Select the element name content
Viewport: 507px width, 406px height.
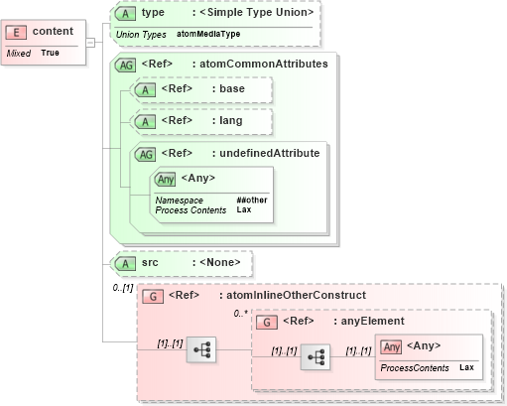[x=53, y=32]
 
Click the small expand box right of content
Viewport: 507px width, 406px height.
[x=90, y=42]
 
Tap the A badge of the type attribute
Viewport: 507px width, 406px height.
[x=126, y=14]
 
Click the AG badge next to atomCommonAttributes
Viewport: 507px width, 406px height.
[x=127, y=65]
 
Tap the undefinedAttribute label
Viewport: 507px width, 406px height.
[x=270, y=153]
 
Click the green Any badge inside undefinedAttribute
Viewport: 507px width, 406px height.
[x=166, y=179]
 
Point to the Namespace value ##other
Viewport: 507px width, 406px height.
[x=251, y=200]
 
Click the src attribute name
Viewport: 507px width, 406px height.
[x=151, y=263]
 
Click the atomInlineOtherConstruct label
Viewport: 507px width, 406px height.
[x=297, y=296]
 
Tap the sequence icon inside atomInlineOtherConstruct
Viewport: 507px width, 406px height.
[x=201, y=350]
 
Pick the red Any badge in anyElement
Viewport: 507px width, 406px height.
[x=391, y=346]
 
